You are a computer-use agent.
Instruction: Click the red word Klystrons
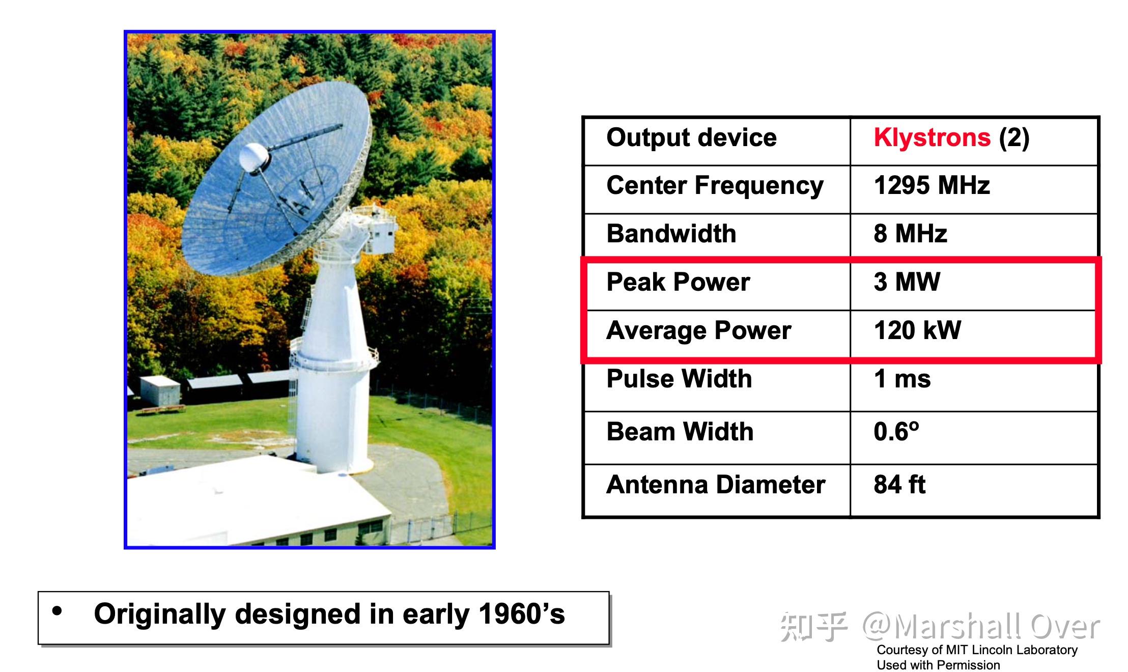click(932, 138)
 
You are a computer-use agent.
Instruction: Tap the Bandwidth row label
click(671, 234)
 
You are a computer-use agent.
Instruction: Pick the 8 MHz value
click(910, 234)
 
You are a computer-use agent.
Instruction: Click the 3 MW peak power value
click(907, 282)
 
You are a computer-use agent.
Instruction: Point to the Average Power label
click(699, 330)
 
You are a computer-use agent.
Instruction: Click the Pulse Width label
click(679, 379)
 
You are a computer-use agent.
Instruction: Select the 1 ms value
click(902, 379)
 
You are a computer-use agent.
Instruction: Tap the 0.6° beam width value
click(896, 432)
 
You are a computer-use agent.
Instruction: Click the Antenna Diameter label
click(716, 485)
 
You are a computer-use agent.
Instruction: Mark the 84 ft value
click(899, 485)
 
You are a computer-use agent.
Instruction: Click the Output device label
click(692, 138)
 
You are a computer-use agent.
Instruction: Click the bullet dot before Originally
click(57, 611)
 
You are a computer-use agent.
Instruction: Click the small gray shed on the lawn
click(159, 391)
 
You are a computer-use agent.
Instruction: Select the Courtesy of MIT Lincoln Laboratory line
click(977, 650)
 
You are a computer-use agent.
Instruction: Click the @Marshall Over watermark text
click(980, 626)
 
